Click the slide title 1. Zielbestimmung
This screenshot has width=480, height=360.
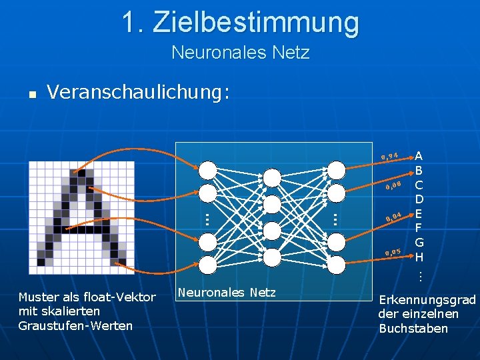240,22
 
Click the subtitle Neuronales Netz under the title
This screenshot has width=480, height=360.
240,52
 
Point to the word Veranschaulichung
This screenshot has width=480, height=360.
138,93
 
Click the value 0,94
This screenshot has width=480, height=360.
390,157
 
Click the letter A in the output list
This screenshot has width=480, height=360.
419,157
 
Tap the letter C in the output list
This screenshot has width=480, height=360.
419,185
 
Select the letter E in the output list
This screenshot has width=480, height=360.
419,213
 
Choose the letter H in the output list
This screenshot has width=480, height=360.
419,257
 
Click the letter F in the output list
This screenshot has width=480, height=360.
419,228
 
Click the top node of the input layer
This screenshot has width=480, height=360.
208,170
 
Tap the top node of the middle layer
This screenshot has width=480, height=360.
272,177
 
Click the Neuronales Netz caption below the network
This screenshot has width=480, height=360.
226,292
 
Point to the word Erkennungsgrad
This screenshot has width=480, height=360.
427,300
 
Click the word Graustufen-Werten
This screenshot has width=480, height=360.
75,325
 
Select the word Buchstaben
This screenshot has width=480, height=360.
413,328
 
